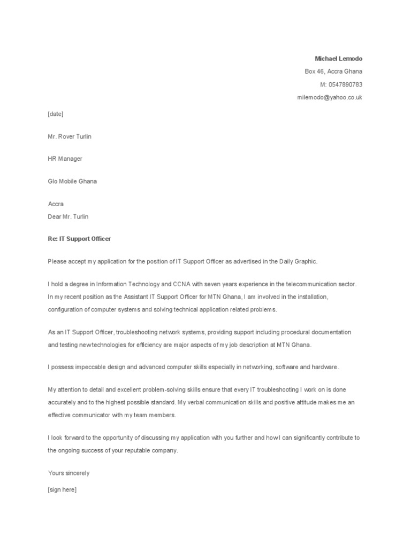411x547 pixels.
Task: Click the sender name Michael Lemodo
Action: pyautogui.click(x=338, y=58)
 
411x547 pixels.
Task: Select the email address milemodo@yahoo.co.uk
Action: pyautogui.click(x=330, y=98)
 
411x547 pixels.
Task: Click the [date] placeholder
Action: pyautogui.click(x=56, y=114)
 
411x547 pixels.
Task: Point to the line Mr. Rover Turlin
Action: pyautogui.click(x=70, y=136)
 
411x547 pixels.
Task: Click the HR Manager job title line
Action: pyautogui.click(x=65, y=159)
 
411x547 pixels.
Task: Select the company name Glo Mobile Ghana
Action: pyautogui.click(x=72, y=181)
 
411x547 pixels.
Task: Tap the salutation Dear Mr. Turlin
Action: pyautogui.click(x=68, y=217)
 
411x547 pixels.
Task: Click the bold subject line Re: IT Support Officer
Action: pyautogui.click(x=79, y=239)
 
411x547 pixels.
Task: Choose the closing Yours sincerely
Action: pyautogui.click(x=68, y=473)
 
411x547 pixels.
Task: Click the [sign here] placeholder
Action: pyautogui.click(x=62, y=489)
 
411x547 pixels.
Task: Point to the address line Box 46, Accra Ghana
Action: pyautogui.click(x=333, y=72)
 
